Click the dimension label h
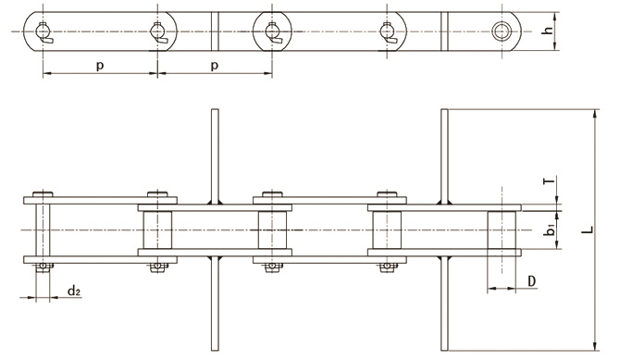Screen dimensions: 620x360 point(548,31)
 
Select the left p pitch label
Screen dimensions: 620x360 point(100,66)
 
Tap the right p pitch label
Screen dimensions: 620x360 point(215,66)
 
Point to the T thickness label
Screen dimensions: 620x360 point(549,181)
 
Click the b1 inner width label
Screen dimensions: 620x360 point(550,230)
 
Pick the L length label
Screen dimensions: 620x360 point(589,230)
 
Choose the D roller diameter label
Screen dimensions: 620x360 point(532,281)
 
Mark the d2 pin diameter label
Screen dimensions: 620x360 point(73,292)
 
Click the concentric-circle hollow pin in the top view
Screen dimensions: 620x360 point(502,31)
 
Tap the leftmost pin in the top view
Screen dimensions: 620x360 point(43,31)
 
